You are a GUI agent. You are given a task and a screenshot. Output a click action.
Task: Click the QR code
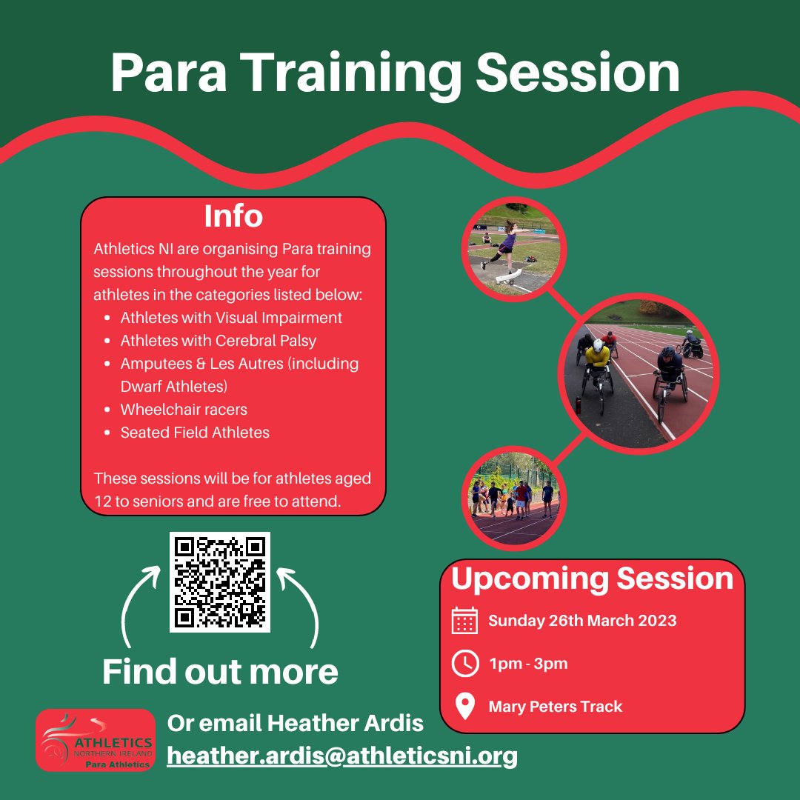pos(219,581)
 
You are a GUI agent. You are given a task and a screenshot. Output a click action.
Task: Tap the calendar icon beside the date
pos(464,620)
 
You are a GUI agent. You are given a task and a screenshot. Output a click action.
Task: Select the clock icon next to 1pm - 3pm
pos(464,663)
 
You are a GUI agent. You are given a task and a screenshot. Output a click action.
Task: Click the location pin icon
pos(464,706)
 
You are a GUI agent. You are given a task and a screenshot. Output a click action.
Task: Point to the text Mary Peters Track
pos(556,707)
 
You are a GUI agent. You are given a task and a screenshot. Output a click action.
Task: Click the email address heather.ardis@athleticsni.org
pos(342,756)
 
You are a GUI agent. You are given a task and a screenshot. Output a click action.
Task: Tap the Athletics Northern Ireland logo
pos(96,740)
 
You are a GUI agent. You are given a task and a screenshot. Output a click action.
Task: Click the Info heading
pos(233,216)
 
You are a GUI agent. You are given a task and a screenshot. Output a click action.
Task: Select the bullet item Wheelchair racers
pos(184,410)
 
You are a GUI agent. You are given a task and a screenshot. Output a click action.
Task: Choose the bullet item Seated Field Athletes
pos(195,433)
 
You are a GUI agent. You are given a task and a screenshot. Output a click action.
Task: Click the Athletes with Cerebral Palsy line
pos(218,341)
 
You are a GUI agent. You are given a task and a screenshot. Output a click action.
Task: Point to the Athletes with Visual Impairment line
pos(231,318)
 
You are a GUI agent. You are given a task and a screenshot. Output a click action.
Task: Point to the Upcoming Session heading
pos(592,579)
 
